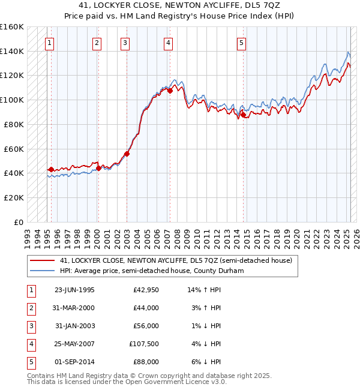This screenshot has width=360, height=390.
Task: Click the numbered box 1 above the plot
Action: click(x=49, y=43)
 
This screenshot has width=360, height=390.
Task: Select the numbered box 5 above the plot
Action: click(x=241, y=43)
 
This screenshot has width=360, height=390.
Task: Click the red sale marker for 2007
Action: click(x=170, y=91)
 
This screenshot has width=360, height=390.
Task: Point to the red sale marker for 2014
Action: click(x=243, y=114)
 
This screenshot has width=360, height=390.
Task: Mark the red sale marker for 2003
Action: click(x=127, y=154)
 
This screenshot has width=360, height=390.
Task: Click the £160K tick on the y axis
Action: click(x=12, y=27)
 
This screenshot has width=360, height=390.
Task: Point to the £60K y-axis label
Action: click(x=13, y=149)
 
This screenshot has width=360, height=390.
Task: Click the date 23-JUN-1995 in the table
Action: click(x=74, y=290)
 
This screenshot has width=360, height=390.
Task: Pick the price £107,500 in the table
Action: click(x=144, y=344)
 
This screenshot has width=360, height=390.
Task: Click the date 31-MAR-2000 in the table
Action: click(x=74, y=308)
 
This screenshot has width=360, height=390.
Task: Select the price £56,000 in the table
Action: click(x=146, y=326)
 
